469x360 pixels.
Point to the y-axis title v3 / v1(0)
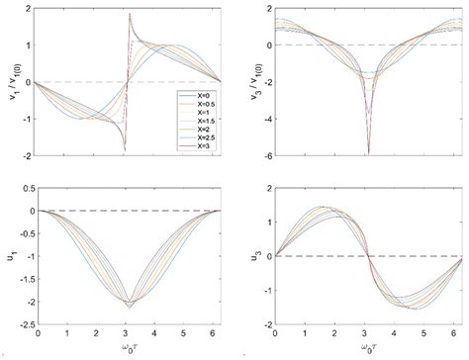(254, 81)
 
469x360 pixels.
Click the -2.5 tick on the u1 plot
(23, 322)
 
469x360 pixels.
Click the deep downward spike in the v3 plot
(369, 151)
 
